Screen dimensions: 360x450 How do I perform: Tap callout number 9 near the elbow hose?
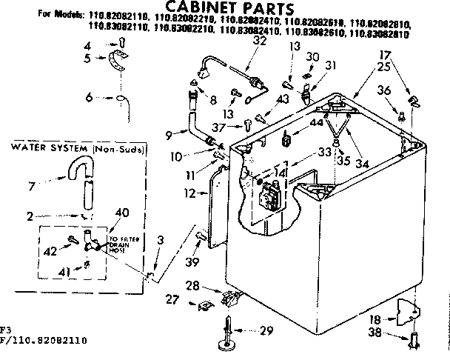[169, 134]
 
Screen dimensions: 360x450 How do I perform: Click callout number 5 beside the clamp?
[87, 58]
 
